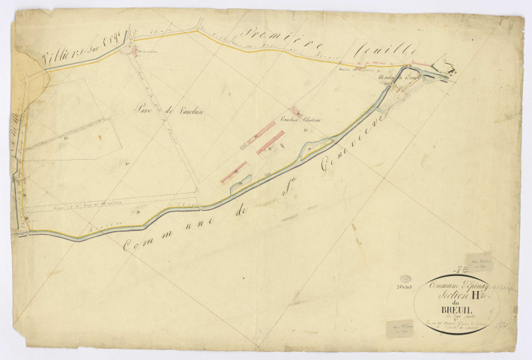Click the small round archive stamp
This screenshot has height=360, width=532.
405,278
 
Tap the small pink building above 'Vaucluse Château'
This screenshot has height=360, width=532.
296,110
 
